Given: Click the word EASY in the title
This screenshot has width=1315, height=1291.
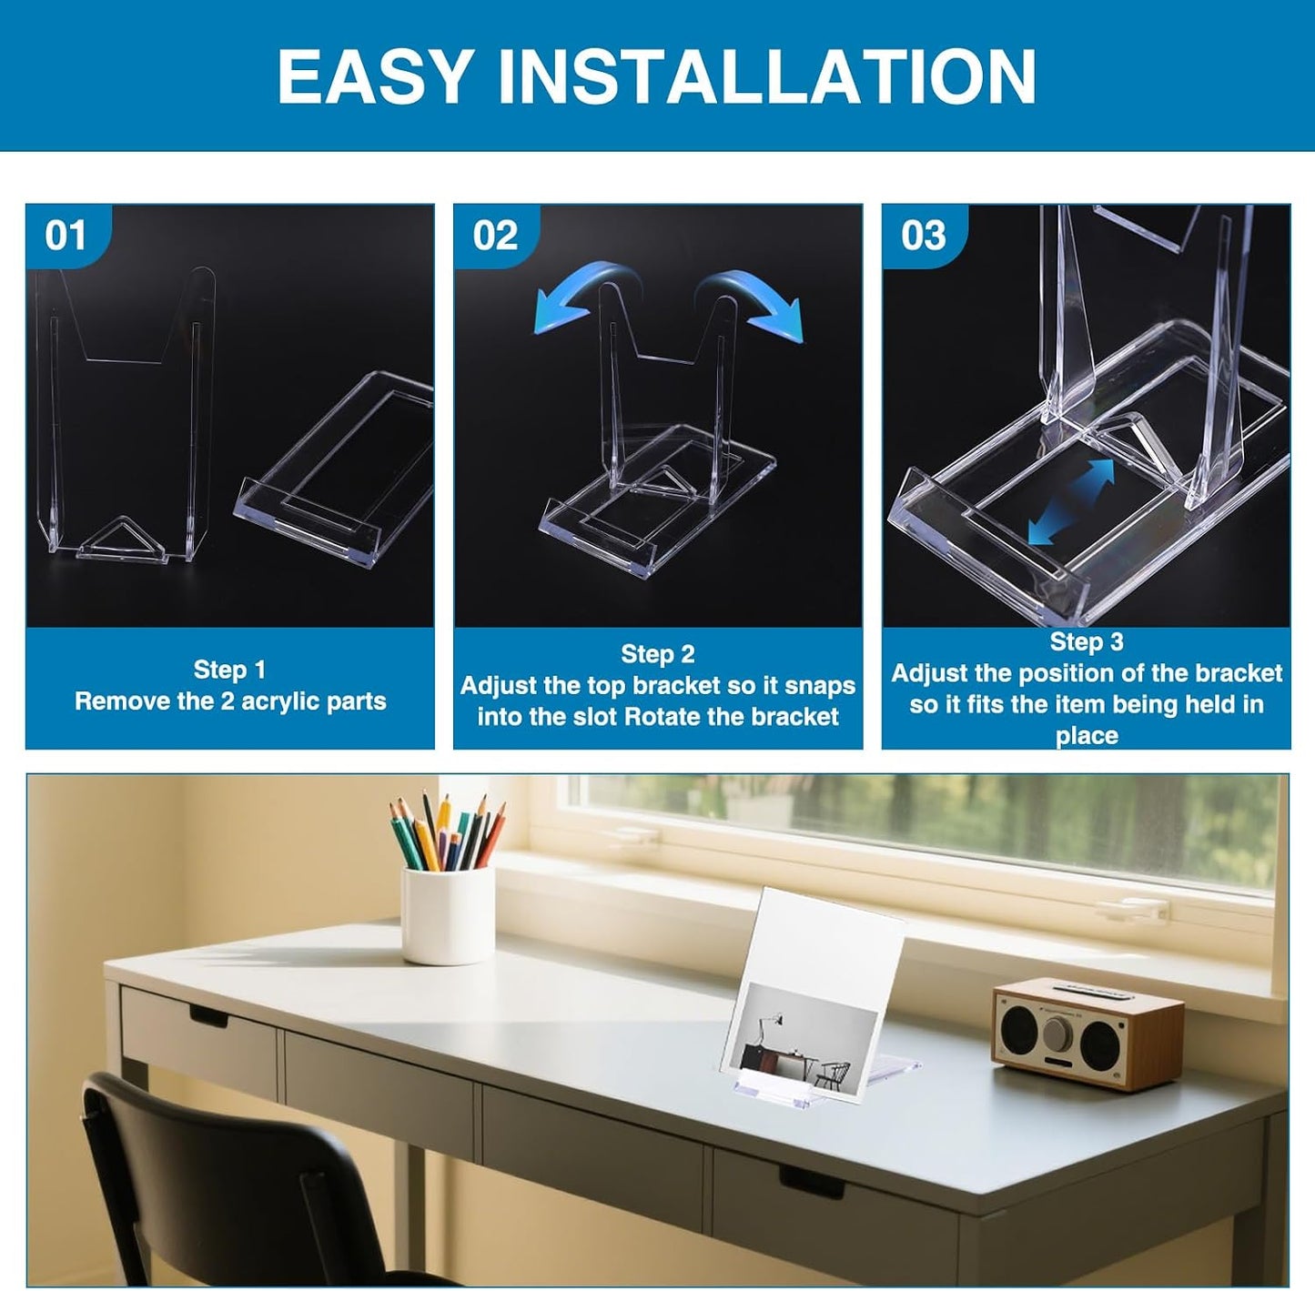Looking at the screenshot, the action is [x=375, y=76].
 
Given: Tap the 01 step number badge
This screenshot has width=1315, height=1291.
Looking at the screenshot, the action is [x=66, y=236].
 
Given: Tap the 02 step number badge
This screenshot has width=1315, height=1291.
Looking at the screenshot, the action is [x=495, y=236].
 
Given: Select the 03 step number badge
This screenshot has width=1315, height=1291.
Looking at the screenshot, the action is [x=924, y=236].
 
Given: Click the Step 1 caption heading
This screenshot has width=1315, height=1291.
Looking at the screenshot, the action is [x=229, y=670].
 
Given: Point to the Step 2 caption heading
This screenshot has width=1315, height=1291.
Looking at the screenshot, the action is [x=657, y=653].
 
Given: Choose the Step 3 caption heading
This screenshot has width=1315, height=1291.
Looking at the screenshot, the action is [x=1087, y=641].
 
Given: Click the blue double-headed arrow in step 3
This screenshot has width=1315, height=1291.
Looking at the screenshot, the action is [x=1070, y=501].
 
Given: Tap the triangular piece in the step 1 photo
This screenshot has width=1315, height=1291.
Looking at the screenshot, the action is [x=124, y=545].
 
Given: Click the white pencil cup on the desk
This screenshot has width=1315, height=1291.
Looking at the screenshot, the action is [x=448, y=914].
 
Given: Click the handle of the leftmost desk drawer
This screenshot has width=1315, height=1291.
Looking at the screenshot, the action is [x=208, y=1017].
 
